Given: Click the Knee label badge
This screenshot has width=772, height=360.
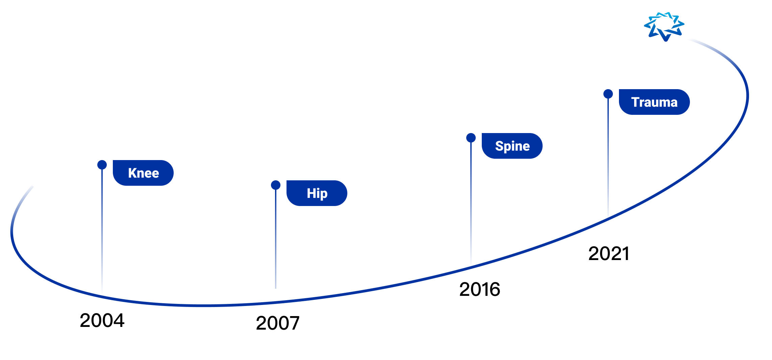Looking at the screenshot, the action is (143, 173).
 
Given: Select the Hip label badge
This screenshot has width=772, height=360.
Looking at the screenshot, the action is (317, 193).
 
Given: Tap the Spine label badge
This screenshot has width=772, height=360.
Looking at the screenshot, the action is (512, 146).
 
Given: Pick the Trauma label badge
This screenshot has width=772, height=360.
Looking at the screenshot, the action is (654, 102).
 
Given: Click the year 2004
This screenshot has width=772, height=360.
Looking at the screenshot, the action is (102, 320).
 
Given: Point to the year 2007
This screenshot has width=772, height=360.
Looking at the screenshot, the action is (278, 323).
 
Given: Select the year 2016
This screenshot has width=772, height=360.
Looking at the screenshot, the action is (480, 289).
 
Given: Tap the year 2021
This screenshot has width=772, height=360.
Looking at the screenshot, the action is (609, 254).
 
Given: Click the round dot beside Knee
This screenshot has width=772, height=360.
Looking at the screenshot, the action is (102, 165).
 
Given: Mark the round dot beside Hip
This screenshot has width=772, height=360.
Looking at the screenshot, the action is (276, 185).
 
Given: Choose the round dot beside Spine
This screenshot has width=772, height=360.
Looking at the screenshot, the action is (471, 138).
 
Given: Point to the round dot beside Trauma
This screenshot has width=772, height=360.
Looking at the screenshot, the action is (608, 94).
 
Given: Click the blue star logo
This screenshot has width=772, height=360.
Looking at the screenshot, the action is (664, 27).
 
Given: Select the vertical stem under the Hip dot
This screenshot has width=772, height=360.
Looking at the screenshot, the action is (276, 239).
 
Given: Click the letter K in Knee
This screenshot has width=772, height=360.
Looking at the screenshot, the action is (132, 173).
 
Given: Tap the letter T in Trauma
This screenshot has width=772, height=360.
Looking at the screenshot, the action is (635, 102).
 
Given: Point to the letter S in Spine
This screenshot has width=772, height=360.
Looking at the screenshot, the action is (499, 146).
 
